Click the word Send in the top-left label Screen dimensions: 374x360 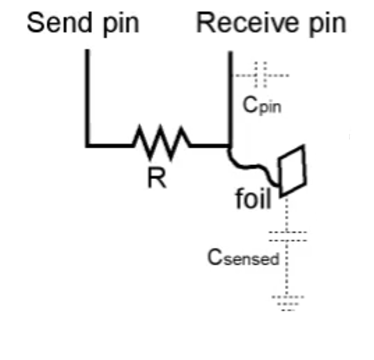click(59, 22)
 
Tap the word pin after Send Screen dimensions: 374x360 click(121, 24)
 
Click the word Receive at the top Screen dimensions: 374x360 click(247, 22)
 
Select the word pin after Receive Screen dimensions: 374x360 click(328, 24)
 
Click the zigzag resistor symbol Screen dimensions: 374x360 click(162, 143)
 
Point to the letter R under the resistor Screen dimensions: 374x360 click(157, 177)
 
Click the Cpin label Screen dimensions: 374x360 click(262, 106)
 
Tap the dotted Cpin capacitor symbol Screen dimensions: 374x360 click(261, 75)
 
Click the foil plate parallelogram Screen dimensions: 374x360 click(292, 171)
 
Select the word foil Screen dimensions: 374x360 click(253, 198)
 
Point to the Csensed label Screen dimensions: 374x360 click(244, 257)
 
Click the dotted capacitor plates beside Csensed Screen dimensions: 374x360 click(288, 236)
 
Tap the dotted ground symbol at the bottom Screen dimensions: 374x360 click(288, 304)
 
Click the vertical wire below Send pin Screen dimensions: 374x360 click(88, 98)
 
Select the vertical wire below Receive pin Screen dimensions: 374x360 click(230, 99)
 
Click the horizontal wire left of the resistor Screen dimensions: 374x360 click(110, 145)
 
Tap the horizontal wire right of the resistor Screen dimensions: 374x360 click(210, 145)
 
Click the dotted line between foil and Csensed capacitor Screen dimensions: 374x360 click(286, 214)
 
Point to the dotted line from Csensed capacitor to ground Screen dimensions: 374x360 click(287, 269)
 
